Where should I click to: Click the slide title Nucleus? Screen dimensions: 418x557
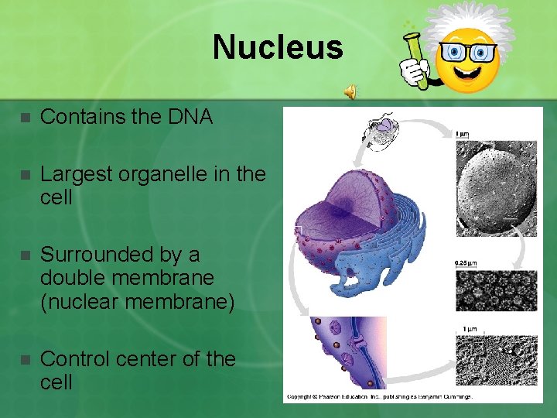278,46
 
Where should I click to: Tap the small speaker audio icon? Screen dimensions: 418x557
350,92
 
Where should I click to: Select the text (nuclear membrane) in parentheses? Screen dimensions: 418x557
137,300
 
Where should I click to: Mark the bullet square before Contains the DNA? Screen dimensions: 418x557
24,118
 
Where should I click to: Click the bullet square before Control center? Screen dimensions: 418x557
24,360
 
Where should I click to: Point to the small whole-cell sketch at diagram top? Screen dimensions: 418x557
381,132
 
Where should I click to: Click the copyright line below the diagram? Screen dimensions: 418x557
379,397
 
